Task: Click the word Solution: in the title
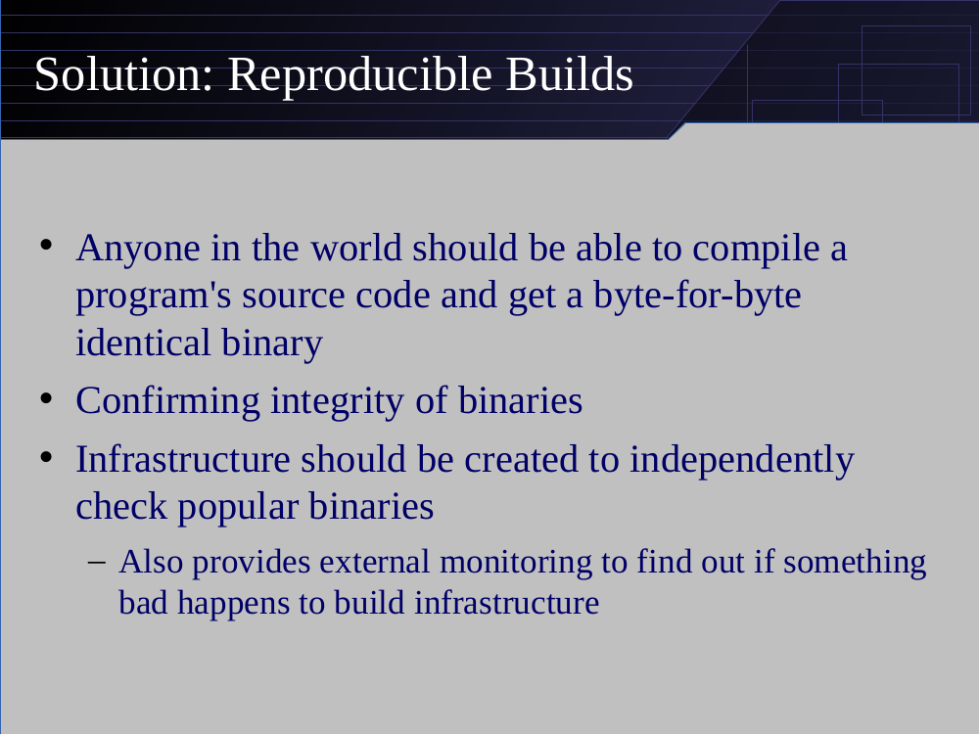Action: click(x=124, y=74)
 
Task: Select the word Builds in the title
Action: click(x=570, y=74)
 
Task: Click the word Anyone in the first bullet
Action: click(x=138, y=248)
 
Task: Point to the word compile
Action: click(x=756, y=249)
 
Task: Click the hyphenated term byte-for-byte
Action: click(x=697, y=295)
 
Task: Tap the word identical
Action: click(x=143, y=343)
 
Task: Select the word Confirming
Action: click(x=168, y=400)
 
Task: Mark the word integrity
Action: click(x=338, y=400)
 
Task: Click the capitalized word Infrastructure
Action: click(x=183, y=459)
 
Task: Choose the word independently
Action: click(x=742, y=459)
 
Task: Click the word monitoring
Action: click(x=516, y=562)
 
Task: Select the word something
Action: click(x=855, y=562)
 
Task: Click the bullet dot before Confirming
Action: click(x=46, y=398)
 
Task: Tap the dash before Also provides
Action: click(x=97, y=563)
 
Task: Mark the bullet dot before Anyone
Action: click(x=46, y=246)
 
